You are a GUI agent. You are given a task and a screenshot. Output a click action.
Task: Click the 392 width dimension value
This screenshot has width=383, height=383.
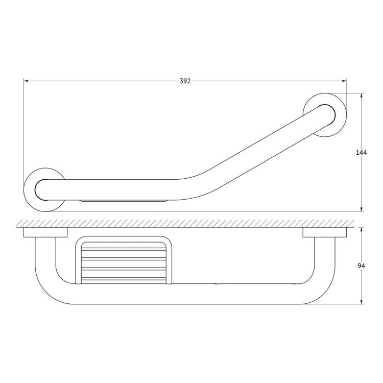tap(185, 81)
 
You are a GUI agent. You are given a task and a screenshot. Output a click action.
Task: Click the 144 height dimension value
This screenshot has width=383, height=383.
tap(361, 153)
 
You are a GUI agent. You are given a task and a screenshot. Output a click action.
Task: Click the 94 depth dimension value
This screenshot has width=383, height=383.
tap(361, 266)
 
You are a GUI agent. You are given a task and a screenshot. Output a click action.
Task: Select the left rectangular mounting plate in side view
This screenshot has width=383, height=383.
tap(45, 232)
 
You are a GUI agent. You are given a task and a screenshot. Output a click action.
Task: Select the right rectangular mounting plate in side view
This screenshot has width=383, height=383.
tap(325, 232)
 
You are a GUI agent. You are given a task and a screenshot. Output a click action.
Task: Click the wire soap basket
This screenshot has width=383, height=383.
tap(124, 260)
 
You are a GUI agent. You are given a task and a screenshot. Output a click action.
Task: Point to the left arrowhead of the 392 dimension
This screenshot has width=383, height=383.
tap(26, 81)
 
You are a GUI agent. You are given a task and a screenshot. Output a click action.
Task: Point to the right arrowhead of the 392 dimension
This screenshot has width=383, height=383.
tap(344, 81)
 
